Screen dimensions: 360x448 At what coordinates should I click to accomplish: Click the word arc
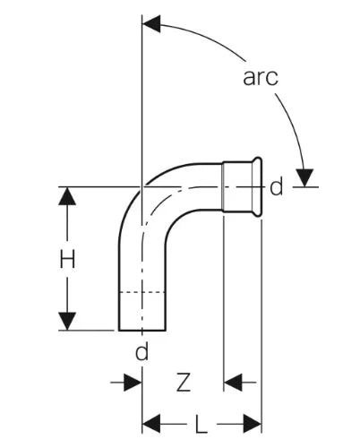tap(261, 78)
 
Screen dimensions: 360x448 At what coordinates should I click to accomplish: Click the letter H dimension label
tap(67, 259)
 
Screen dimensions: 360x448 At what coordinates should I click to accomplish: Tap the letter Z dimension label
tap(183, 382)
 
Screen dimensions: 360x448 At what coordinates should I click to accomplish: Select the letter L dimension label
tap(201, 424)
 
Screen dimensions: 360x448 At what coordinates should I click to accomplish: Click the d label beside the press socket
tap(276, 186)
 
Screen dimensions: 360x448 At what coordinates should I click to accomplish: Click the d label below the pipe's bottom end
tap(141, 351)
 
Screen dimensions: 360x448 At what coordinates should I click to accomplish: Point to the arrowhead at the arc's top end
tap(151, 23)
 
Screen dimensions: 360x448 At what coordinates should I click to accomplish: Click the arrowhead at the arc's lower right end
tap(304, 178)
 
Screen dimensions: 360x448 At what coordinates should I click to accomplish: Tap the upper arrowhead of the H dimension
tap(67, 196)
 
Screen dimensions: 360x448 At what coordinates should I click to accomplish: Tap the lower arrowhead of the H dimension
tap(67, 321)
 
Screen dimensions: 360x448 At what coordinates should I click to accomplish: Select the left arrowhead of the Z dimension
tap(133, 382)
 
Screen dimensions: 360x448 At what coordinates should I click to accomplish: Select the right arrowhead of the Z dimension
tap(233, 382)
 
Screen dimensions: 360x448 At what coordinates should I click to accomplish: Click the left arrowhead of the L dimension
tap(151, 424)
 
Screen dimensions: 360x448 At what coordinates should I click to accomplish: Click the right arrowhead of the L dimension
tap(253, 424)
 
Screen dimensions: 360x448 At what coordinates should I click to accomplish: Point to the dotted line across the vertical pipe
tap(142, 292)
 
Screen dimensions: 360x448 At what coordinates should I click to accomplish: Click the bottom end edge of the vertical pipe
tap(142, 331)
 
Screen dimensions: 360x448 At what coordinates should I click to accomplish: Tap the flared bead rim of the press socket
tap(257, 186)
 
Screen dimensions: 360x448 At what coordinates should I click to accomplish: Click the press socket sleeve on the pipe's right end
tap(237, 186)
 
